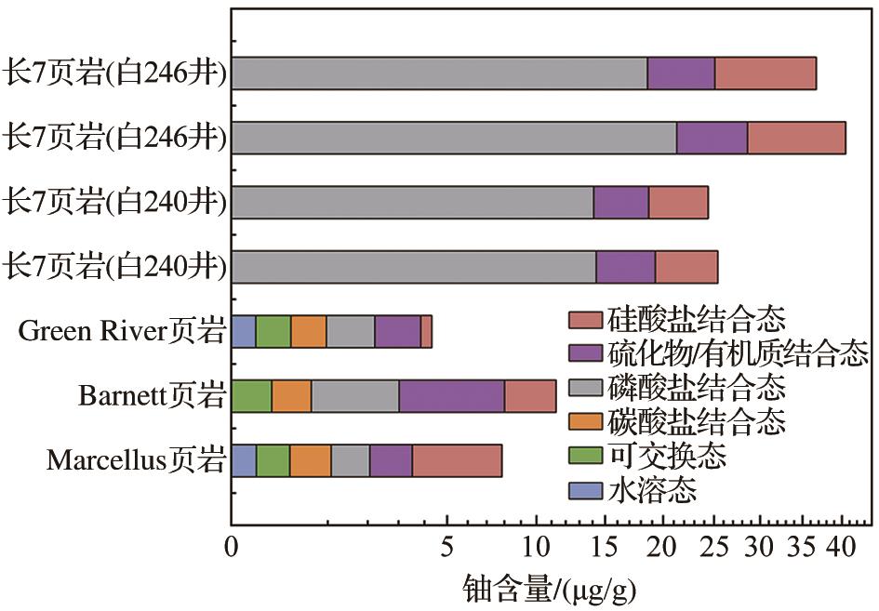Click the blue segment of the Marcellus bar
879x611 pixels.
(244, 460)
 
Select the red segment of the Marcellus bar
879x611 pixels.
(457, 460)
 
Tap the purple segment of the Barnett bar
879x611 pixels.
(452, 395)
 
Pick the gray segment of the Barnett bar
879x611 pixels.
(355, 395)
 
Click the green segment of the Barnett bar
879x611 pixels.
(251, 395)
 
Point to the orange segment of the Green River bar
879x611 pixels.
(308, 331)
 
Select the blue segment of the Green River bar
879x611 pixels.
(244, 331)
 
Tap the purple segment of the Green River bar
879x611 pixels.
(397, 331)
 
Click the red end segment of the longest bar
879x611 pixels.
(796, 138)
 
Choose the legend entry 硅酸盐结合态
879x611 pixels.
(697, 321)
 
